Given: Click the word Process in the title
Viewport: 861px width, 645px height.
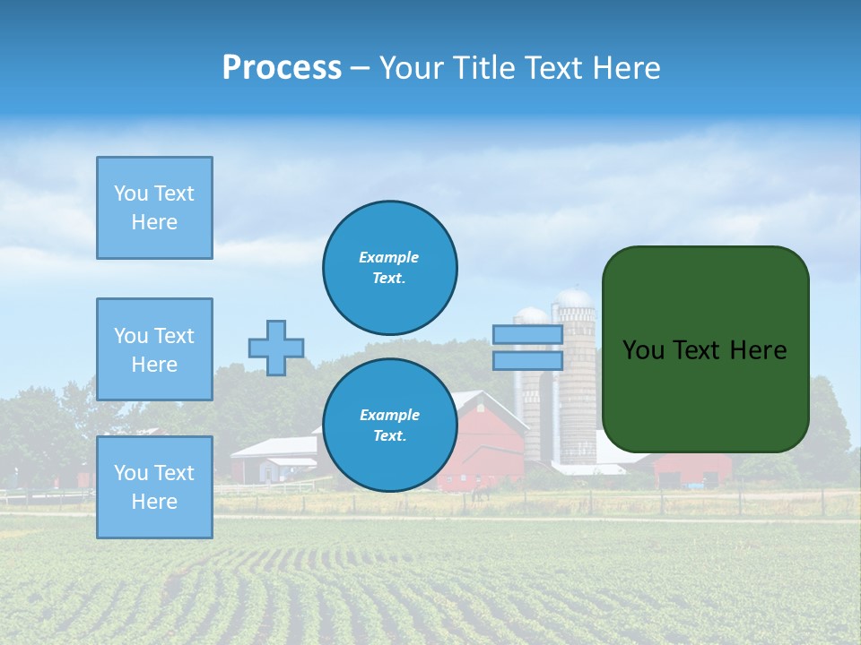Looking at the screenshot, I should point(282,68).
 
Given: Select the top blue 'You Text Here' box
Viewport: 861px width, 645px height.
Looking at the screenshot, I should point(154,208).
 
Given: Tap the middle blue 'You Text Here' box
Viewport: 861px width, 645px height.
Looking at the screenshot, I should point(154,349).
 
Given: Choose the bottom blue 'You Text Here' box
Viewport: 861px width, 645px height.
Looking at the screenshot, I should point(154,487).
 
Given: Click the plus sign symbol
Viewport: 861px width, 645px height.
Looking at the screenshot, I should point(276,348).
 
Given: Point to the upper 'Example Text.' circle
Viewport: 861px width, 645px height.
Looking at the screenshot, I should point(389,268).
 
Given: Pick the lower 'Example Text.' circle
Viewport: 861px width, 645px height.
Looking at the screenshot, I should point(389,426).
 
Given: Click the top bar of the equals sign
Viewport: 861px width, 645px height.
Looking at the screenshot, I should point(528,334).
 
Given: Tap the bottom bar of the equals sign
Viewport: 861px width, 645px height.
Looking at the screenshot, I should point(528,360).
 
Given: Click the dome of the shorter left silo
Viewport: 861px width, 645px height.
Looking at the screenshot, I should point(532,314).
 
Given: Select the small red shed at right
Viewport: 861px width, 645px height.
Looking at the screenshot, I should point(692,470).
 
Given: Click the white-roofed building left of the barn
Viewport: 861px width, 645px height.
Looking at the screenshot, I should point(274,457).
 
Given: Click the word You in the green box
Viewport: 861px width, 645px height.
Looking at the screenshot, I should point(643,350).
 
